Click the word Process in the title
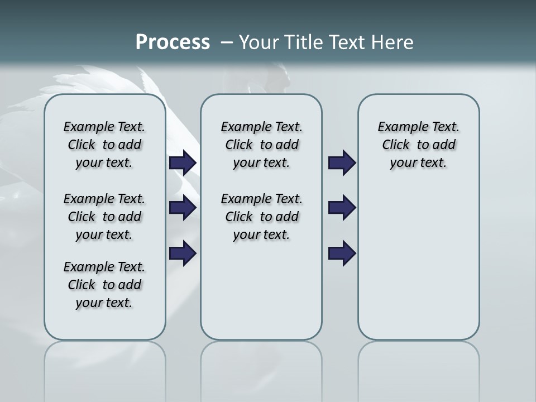point(173,42)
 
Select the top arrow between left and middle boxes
point(183,162)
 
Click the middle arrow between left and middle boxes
point(183,208)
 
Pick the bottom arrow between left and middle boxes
point(183,253)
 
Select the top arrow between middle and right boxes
point(342,162)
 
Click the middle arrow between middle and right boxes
point(342,208)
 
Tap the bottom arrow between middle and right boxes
point(342,253)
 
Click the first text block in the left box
point(104,145)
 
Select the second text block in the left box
point(104,217)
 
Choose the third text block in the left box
point(104,285)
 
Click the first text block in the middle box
point(261,145)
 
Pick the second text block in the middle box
point(261,217)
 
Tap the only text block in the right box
point(418,145)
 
